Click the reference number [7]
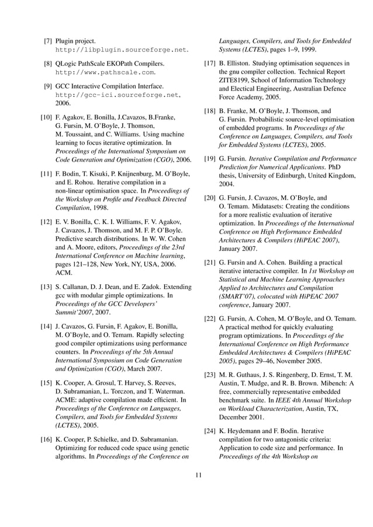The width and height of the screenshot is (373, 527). pyautogui.click(x=50, y=41)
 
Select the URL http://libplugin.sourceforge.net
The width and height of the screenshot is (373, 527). pyautogui.click(x=122, y=50)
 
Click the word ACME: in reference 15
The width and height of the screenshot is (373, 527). pyautogui.click(x=67, y=400)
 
